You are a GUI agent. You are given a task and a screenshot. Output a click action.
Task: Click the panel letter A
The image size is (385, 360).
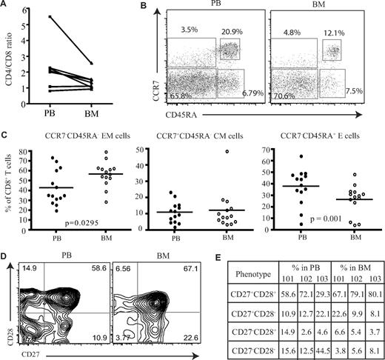(5, 6)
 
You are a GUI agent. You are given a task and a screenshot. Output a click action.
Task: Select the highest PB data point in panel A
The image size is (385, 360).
(50, 16)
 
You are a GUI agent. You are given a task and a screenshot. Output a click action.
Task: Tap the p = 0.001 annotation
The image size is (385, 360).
(320, 217)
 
